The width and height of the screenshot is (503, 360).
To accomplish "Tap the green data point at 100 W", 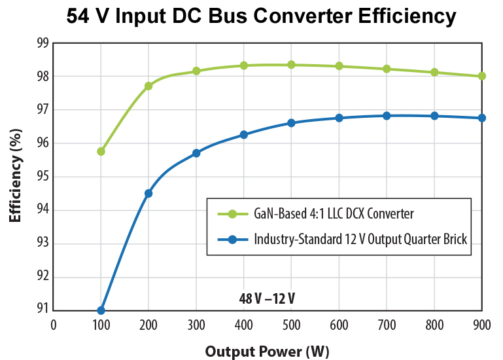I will [101, 151].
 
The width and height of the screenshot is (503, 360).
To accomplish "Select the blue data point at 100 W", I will [101, 310].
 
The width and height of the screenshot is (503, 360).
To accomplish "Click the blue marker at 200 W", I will [148, 193].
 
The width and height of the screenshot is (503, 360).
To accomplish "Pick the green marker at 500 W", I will [291, 65].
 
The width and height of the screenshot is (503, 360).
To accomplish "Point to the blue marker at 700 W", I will [387, 116].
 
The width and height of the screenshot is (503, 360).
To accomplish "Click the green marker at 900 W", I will [482, 76].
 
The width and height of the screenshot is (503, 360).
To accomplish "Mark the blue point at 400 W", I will [244, 135].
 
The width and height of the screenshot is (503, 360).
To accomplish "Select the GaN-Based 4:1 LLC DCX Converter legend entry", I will [334, 213].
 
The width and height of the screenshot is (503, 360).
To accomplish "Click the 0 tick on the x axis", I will [54, 324].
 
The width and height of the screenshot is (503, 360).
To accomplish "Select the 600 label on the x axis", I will [339, 324].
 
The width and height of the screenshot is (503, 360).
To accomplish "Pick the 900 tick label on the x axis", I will [482, 324].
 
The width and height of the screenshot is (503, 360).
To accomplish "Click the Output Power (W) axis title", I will [268, 351].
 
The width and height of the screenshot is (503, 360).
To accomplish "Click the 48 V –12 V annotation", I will [268, 299].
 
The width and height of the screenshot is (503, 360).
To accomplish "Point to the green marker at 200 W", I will [148, 86].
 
